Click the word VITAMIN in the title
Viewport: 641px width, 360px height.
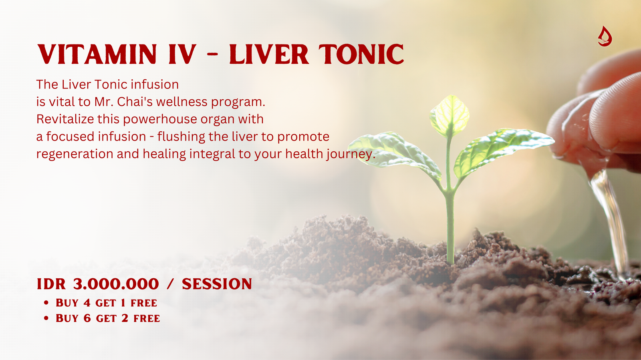[97, 54]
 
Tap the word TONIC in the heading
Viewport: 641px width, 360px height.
[361, 54]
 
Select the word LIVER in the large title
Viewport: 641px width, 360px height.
[269, 54]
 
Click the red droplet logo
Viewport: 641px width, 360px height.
[605, 36]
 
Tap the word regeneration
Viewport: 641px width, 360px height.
[75, 154]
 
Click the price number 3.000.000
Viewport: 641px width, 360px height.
[116, 284]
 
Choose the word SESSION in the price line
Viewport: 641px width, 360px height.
[217, 284]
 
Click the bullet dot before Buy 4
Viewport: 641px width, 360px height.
[46, 302]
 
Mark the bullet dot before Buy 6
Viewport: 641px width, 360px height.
[46, 318]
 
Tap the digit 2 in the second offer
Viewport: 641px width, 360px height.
[125, 318]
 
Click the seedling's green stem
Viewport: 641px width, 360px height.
[450, 217]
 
